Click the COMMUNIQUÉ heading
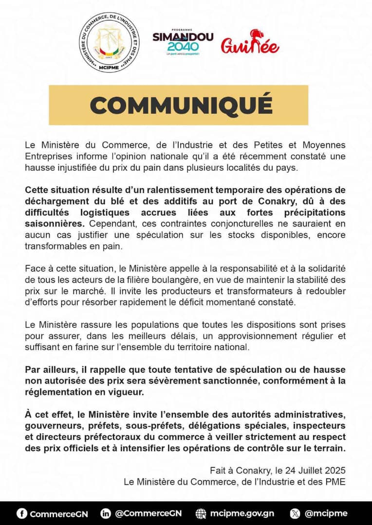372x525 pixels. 181,105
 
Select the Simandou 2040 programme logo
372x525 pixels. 183,42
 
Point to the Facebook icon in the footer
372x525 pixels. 22,513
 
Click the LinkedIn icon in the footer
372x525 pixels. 106,513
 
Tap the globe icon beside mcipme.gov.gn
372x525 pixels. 201,513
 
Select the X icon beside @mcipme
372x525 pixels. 296,513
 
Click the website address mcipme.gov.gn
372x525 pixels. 242,513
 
